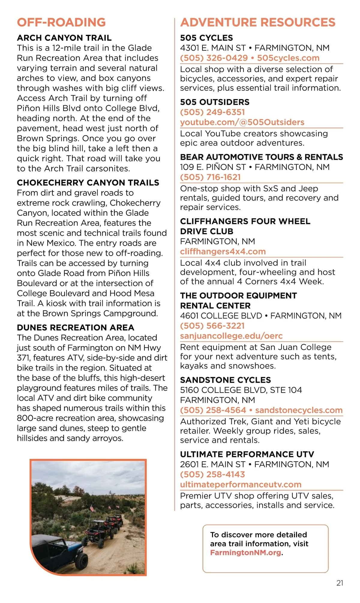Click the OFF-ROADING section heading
[61, 23]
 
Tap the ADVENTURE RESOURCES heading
[258, 23]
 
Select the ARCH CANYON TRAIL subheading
[64, 38]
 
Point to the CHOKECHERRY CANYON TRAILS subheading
[88, 183]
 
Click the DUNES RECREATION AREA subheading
[76, 327]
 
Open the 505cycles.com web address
[288, 58]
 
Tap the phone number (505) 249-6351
[212, 112]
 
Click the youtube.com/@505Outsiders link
[242, 122]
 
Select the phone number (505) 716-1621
[210, 177]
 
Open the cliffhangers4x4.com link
[223, 252]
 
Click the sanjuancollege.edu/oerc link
[231, 336]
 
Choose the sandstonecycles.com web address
[299, 410]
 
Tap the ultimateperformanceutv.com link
[241, 484]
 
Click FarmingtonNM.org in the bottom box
[246, 553]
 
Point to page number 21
[340, 583]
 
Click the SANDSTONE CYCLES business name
[225, 380]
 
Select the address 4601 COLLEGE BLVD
[221, 316]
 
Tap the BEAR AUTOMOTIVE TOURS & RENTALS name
[261, 157]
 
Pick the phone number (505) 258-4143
[212, 474]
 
